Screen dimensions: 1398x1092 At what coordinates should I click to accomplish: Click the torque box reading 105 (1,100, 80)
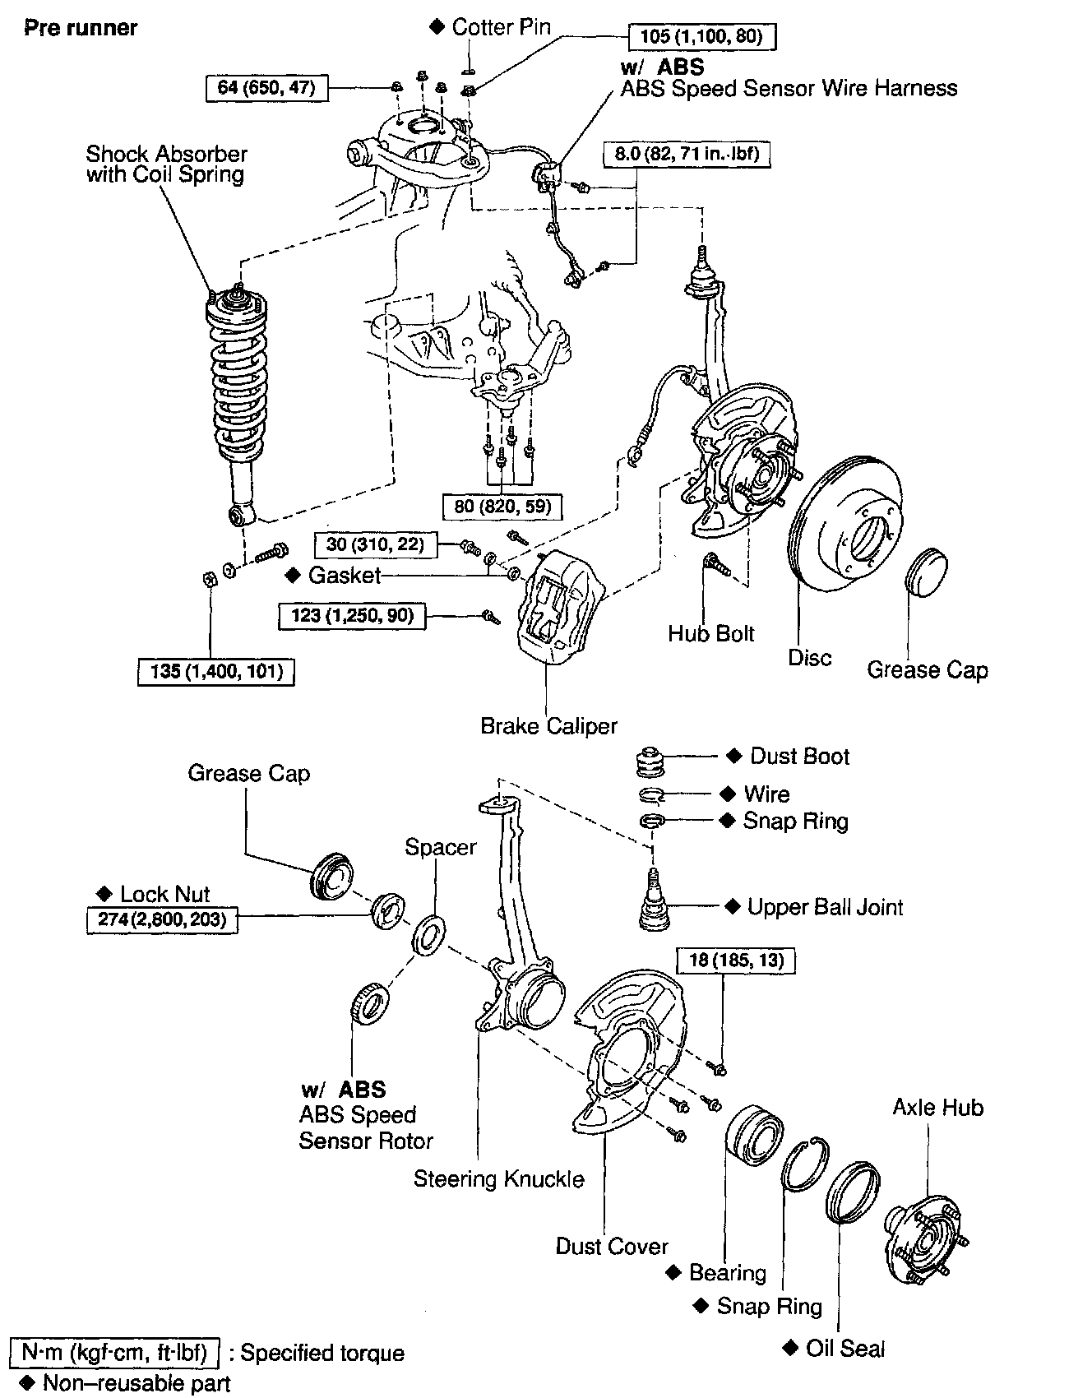click(701, 36)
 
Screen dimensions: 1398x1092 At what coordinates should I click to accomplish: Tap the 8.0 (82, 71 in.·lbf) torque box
click(687, 154)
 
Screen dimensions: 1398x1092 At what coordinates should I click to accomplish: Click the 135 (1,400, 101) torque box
click(216, 672)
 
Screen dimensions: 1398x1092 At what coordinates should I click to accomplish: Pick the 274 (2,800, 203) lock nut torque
click(162, 919)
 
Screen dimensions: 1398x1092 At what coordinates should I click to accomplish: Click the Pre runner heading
click(81, 28)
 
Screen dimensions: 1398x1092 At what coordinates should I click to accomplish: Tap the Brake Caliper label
click(548, 726)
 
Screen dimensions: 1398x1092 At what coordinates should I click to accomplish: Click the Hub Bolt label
click(710, 633)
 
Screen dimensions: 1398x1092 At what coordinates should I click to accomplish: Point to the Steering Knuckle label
click(498, 1179)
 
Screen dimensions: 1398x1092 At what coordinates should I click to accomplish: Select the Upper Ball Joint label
click(825, 907)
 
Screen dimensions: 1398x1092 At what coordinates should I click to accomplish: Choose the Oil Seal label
click(844, 1349)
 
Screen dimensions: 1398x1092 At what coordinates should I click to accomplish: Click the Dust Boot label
click(799, 757)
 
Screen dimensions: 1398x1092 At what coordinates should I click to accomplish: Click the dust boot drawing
click(655, 761)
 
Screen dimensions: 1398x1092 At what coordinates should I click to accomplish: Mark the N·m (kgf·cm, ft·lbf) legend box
click(116, 1352)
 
